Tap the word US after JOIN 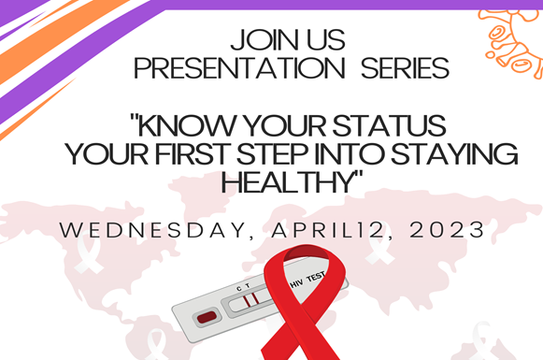click(x=322, y=41)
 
